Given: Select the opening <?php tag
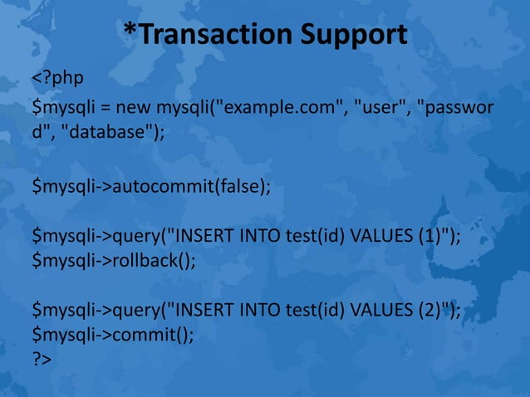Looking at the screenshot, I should click(57, 81).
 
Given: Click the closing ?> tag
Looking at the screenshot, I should click(42, 360).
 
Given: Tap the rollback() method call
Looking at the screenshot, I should click(152, 261).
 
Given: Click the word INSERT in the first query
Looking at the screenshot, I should click(199, 238).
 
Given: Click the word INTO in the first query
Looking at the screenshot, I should click(258, 238).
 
